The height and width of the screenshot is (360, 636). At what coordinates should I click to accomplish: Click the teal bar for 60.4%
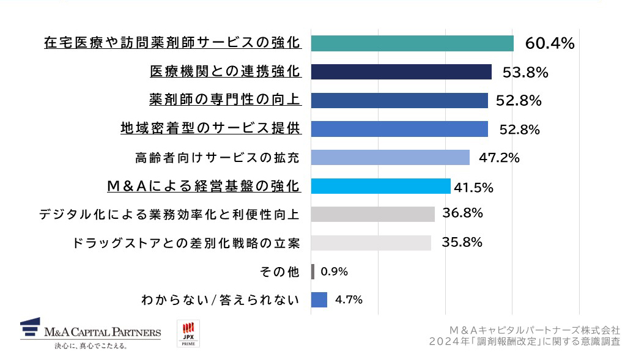pos(412,43)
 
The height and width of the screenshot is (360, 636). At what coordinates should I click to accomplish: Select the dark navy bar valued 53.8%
pos(401,72)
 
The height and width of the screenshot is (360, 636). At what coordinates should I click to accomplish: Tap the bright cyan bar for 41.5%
pos(380,186)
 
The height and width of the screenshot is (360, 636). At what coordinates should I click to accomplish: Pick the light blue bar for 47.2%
pos(390,158)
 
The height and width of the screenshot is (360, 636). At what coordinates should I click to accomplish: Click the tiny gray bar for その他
pos(312,271)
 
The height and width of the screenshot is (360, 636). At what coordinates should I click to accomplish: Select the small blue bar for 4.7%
pos(319,300)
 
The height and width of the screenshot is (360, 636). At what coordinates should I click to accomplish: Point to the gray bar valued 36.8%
pos(372,214)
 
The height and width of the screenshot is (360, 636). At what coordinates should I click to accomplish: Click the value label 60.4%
pos(549,43)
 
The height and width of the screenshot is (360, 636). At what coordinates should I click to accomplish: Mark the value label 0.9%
pos(334,271)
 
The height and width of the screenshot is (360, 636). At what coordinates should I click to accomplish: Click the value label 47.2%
pos(498,158)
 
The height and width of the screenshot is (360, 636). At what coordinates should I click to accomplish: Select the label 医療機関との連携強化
pos(225,72)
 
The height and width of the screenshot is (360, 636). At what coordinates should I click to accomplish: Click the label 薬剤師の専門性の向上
pos(224,100)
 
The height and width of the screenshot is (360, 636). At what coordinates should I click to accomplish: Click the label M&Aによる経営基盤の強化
pos(203,186)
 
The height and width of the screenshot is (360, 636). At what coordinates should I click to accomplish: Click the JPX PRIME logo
pos(188,334)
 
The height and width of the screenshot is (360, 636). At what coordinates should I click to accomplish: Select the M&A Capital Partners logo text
pos(103,332)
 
